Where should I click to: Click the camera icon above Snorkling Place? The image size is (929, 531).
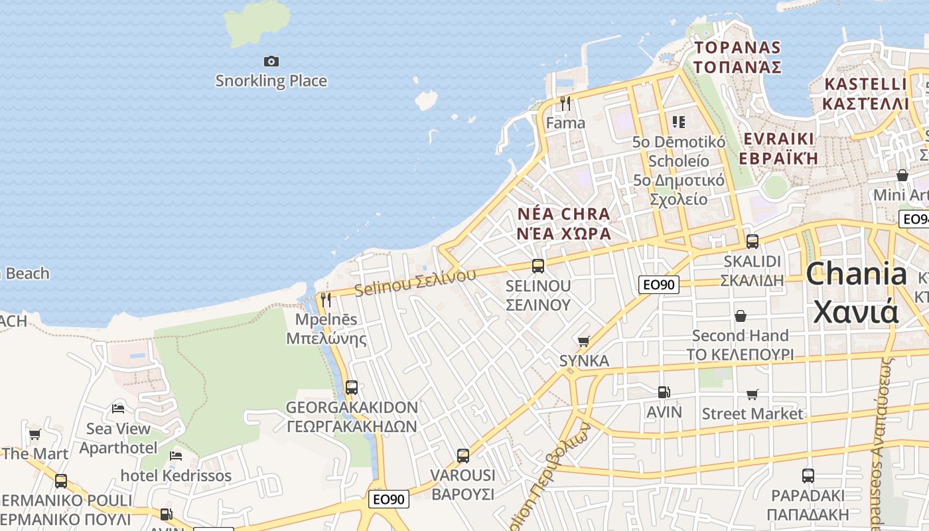coord(271,62)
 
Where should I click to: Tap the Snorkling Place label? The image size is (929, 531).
coord(271,81)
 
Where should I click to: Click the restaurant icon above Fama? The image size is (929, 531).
coord(565,103)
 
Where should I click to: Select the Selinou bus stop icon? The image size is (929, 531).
coord(538,266)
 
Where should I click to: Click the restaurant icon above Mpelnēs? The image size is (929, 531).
coord(326,300)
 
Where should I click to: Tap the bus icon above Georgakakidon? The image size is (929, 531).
coord(352,388)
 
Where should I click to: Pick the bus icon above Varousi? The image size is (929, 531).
coord(463,456)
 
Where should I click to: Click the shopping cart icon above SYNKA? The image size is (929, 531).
coord(583,341)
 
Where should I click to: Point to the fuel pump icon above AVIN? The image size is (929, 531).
coord(664,392)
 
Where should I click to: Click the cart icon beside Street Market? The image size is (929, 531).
coord(752,395)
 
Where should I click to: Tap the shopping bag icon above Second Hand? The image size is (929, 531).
coord(740,316)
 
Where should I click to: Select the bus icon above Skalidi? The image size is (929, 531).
coord(752,242)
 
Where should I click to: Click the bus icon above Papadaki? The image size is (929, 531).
coord(808,476)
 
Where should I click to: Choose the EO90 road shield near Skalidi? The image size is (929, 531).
coord(659,285)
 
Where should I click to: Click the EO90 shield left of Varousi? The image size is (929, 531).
coord(388,499)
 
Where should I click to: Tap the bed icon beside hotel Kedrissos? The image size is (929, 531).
coord(176,456)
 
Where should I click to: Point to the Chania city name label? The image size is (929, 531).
coord(856,292)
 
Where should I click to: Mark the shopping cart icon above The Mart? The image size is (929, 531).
coord(35,435)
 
